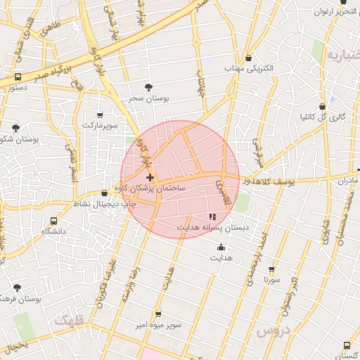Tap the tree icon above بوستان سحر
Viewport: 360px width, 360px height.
148,87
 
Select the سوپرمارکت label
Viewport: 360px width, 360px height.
99,124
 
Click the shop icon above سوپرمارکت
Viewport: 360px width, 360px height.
99,115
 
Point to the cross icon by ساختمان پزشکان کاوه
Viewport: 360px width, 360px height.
150,177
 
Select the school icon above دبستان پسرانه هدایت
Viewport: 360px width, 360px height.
213,216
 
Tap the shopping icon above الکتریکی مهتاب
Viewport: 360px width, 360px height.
250,57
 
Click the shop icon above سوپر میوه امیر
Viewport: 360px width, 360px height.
157,314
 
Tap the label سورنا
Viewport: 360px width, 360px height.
271,280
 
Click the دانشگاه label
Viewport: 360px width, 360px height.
53,231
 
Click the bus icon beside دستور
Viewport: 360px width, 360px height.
18,77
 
